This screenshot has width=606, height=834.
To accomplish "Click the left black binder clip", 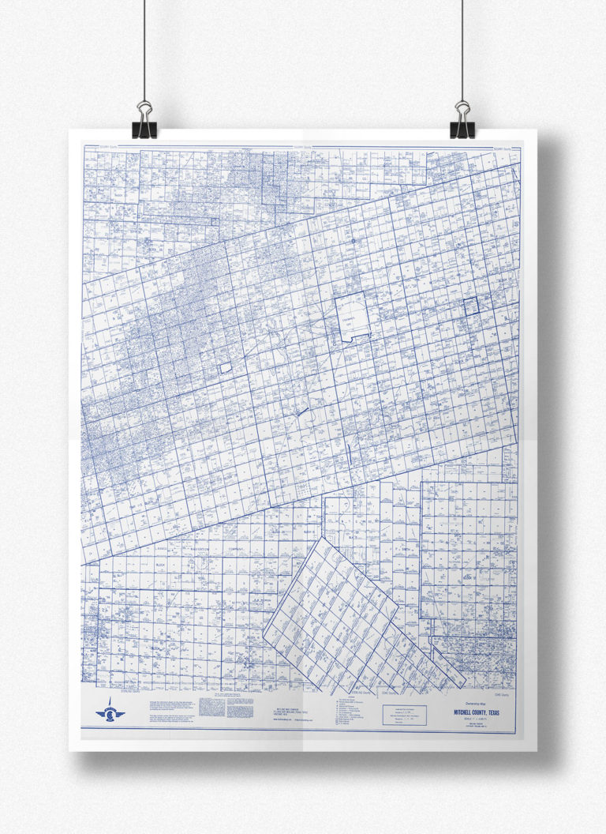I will tap(144, 119).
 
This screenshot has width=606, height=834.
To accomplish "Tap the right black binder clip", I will tap(462, 119).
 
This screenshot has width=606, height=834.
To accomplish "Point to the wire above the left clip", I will tap(144, 47).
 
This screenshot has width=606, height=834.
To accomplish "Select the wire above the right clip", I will tap(462, 47).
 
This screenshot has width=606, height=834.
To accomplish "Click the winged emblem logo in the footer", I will tap(110, 712).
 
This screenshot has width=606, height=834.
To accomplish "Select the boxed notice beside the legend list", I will tap(404, 715).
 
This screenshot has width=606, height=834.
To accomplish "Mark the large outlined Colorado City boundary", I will tap(352, 317).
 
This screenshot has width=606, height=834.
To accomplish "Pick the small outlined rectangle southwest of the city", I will tap(225, 367).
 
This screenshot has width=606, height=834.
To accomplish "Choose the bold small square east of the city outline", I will tap(471, 306).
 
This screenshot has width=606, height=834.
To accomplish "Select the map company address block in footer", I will tap(290, 711).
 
